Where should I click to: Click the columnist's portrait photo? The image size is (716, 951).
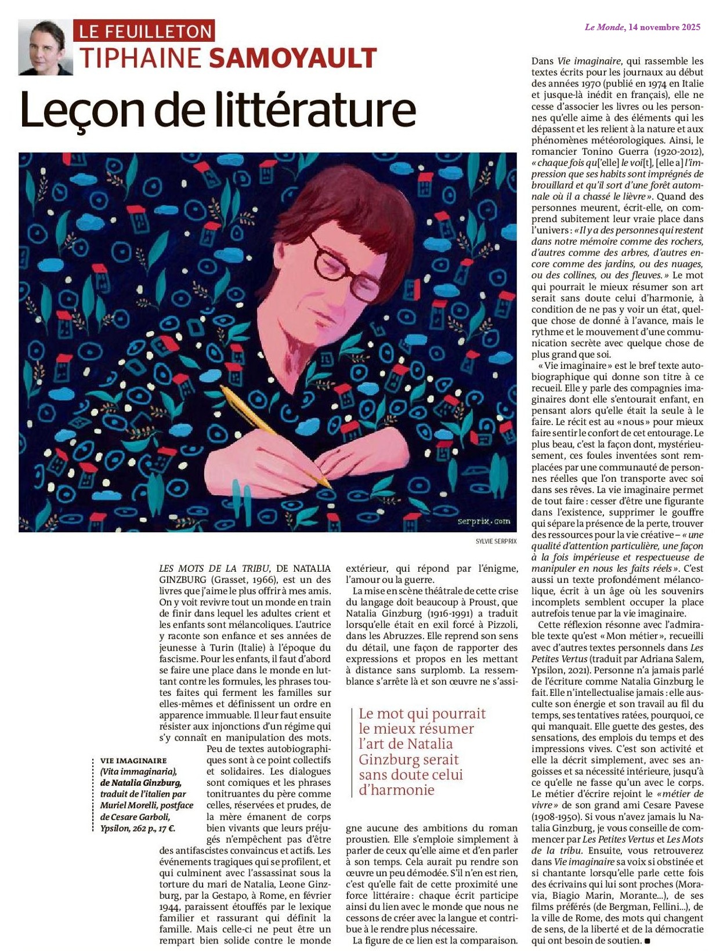45,48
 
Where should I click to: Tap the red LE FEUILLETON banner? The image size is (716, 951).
144,30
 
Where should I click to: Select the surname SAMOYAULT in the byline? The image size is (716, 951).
292,59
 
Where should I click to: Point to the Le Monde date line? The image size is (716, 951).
642,27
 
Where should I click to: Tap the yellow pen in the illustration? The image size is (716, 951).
273,435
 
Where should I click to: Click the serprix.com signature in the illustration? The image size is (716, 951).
484,521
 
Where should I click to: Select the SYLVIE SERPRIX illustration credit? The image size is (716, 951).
496,541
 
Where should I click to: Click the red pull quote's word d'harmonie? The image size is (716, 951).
396,790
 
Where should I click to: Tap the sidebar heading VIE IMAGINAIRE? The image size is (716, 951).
133,760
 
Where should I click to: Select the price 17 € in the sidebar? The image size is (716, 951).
165,828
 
